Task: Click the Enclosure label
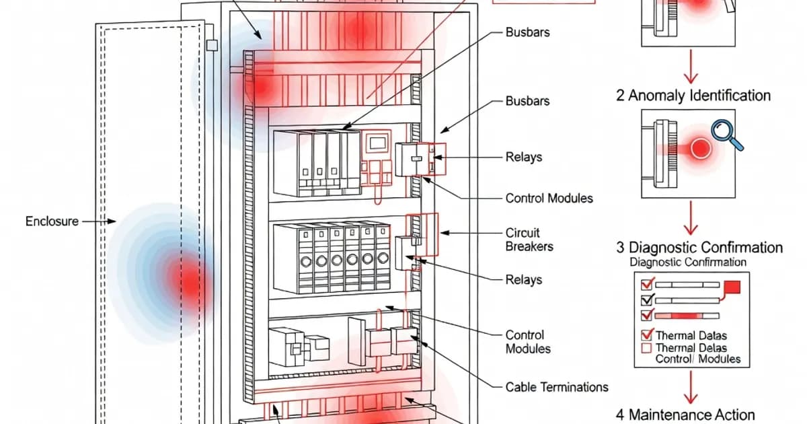52,221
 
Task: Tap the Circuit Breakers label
529,240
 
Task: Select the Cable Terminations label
556,387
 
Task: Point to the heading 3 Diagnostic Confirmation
699,248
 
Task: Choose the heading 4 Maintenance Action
685,415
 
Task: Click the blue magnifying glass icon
728,133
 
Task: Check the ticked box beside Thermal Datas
648,334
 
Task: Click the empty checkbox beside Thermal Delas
648,348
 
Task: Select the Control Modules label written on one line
549,199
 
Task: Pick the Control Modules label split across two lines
528,342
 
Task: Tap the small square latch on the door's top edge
213,45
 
